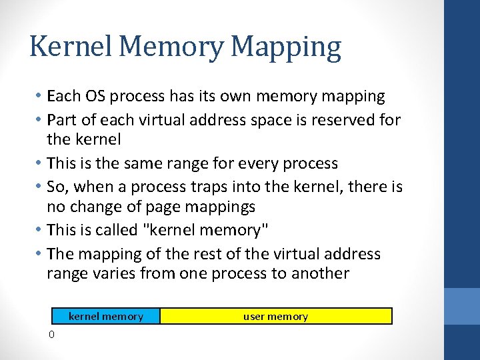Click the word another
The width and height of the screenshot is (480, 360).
(x=318, y=273)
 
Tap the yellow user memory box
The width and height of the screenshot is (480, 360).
(x=275, y=316)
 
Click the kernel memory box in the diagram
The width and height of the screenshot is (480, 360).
(x=106, y=316)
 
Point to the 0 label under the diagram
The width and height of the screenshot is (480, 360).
(x=51, y=334)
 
